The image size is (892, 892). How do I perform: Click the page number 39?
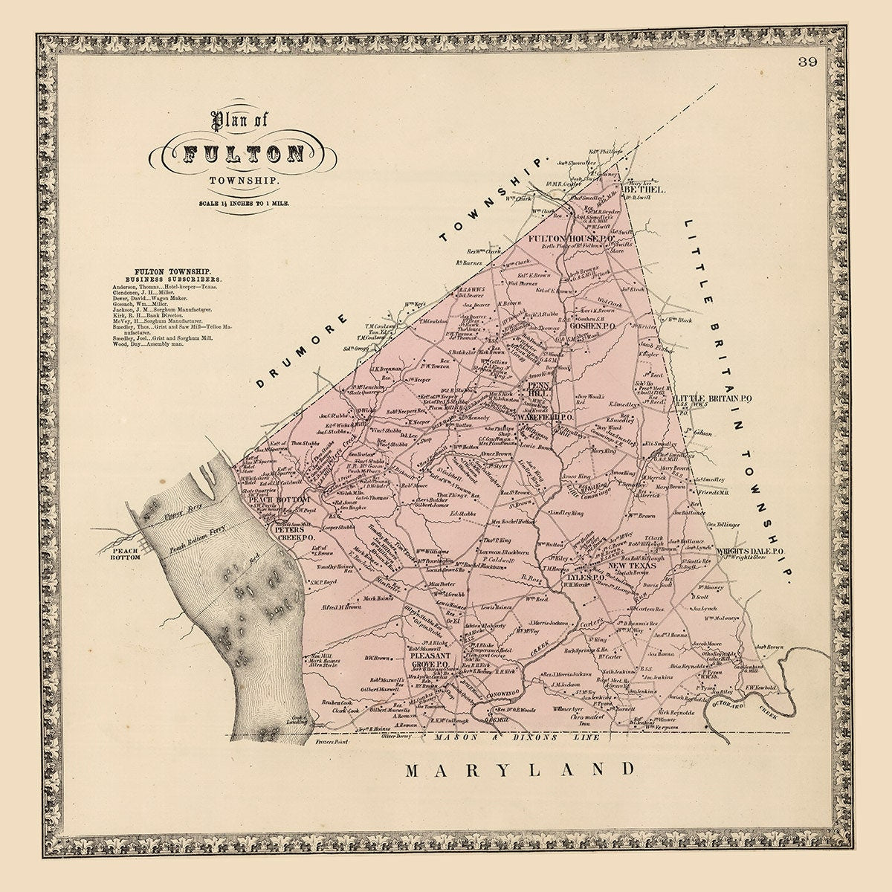pyautogui.click(x=808, y=62)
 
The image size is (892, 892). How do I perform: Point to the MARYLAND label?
pyautogui.click(x=520, y=769)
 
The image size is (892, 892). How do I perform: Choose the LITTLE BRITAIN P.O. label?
pyautogui.click(x=714, y=399)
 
